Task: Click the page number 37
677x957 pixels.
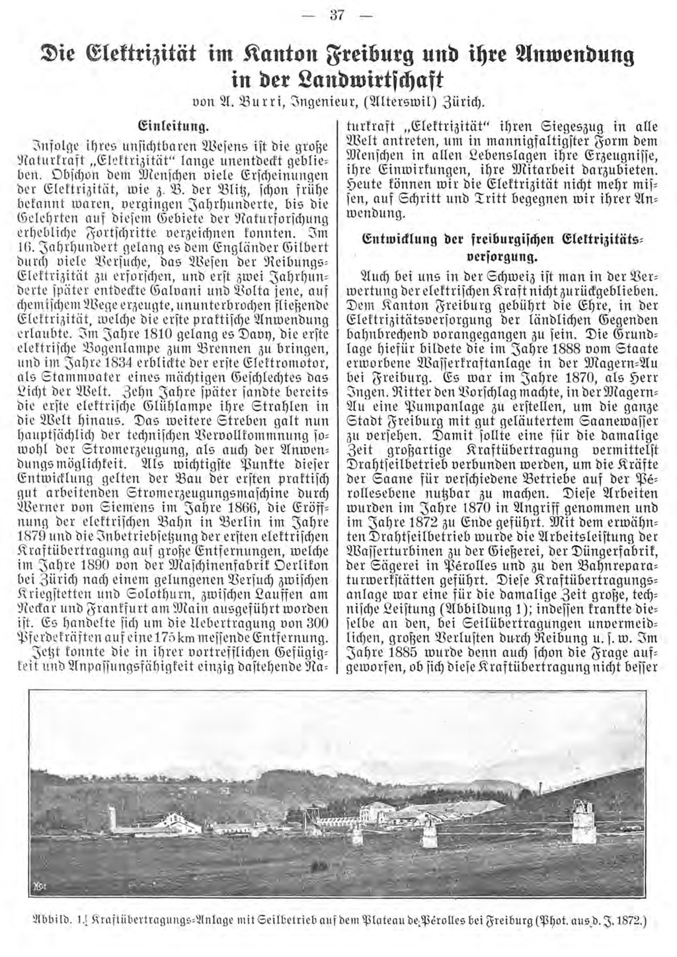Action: point(338,17)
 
